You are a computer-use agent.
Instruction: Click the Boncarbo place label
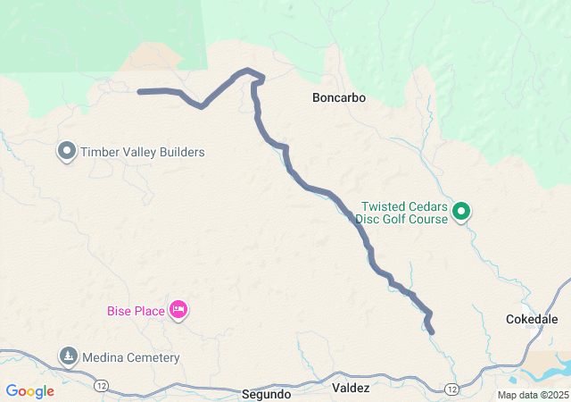click(339, 97)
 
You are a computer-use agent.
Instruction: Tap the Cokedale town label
click(532, 319)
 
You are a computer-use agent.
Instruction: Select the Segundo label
click(266, 393)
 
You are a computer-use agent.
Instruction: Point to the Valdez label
click(351, 389)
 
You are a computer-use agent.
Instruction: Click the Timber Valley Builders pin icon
click(67, 151)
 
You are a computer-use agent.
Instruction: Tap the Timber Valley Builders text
click(143, 152)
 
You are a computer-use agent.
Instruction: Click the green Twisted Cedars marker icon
click(461, 212)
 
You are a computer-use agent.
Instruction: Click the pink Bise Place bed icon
click(178, 310)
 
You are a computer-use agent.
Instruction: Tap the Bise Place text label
click(136, 311)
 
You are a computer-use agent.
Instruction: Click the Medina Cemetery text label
click(131, 358)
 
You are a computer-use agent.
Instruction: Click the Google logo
click(29, 391)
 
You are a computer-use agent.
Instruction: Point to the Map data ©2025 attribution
click(532, 395)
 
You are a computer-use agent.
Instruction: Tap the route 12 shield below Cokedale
click(451, 389)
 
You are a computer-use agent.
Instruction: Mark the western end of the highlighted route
click(140, 91)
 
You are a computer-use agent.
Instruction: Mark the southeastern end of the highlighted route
click(432, 332)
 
